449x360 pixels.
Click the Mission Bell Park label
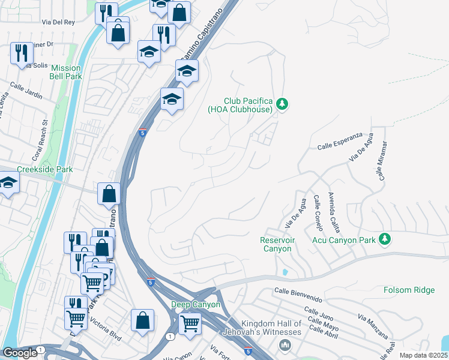(x=66, y=72)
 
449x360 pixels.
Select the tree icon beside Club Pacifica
(x=282, y=105)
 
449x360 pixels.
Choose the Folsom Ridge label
(x=409, y=290)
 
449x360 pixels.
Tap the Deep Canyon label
(x=196, y=304)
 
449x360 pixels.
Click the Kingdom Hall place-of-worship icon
(x=285, y=345)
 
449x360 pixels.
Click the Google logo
(x=20, y=353)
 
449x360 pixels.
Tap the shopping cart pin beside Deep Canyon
(x=190, y=324)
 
